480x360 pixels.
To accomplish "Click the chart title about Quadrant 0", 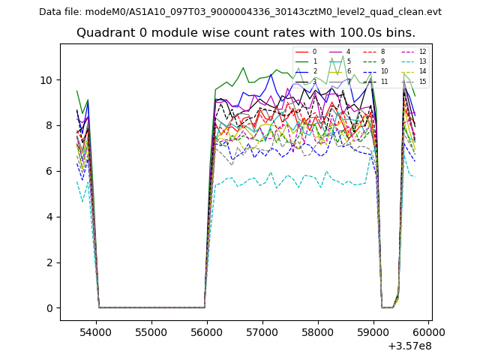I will [x=245, y=33].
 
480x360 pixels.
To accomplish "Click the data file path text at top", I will [x=240, y=12].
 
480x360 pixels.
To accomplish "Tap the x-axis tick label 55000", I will [x=151, y=331].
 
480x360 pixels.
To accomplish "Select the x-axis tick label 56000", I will [x=206, y=331].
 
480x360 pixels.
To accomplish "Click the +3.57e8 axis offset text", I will [x=409, y=346].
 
